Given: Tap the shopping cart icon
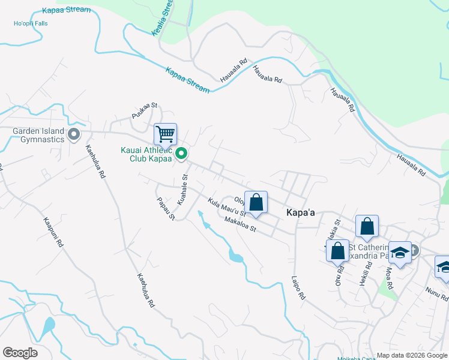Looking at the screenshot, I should [x=165, y=133].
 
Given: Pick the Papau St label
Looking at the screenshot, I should [x=165, y=208].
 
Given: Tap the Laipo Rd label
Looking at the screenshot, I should [x=300, y=287].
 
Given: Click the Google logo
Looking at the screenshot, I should [x=20, y=353].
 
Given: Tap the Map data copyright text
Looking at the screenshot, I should [x=412, y=355].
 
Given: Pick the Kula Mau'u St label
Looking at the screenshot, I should [x=228, y=208].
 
